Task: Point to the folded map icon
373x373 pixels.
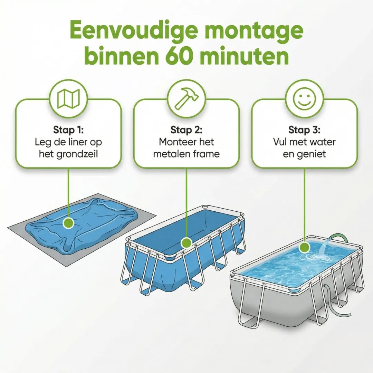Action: point(68,98)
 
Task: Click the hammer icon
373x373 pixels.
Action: point(186,98)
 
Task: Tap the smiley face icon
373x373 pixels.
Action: point(305,98)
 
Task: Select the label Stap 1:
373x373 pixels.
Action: point(68,130)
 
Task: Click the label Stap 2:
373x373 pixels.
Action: point(186,130)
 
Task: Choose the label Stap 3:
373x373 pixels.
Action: point(305,130)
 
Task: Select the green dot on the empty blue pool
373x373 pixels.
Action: point(186,243)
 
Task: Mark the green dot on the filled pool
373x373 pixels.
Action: point(305,247)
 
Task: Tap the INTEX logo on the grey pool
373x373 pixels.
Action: point(339,277)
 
